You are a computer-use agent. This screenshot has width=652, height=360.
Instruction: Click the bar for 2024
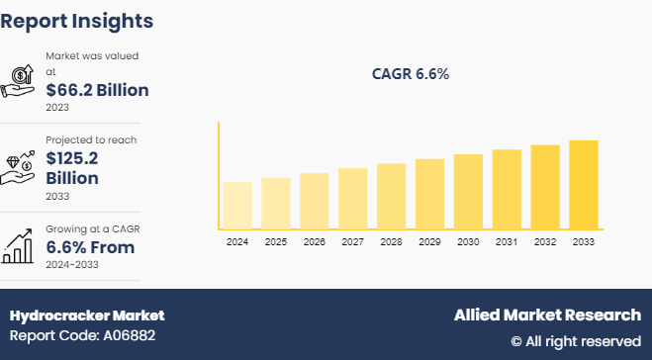(237, 206)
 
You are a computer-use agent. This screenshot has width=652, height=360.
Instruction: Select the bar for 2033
(583, 185)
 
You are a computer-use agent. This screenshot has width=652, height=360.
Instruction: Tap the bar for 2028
(391, 197)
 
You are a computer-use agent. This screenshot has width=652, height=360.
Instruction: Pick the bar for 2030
(468, 192)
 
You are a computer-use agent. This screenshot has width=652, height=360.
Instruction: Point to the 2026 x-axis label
(314, 242)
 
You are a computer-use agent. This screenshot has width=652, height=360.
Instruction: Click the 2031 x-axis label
(506, 242)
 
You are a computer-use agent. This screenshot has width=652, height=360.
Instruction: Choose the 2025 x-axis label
(276, 242)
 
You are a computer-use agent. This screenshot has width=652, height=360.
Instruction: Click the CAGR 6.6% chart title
(410, 73)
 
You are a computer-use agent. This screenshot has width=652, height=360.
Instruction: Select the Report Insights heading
(77, 20)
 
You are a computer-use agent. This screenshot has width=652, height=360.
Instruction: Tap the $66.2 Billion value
(97, 91)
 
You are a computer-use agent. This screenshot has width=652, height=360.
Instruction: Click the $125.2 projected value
(72, 158)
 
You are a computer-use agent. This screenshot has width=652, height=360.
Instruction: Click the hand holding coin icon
(20, 79)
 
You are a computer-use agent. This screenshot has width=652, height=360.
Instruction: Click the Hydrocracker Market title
(87, 315)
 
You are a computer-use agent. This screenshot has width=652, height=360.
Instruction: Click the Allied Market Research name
(547, 315)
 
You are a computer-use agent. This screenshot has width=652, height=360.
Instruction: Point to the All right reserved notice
(576, 341)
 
